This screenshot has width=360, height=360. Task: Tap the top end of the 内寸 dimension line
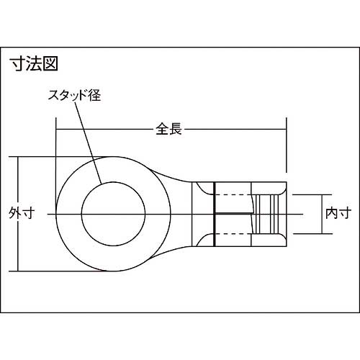[321, 194]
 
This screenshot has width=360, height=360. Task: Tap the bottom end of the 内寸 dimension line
[321, 233]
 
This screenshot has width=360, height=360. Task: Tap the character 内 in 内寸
[330, 213]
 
